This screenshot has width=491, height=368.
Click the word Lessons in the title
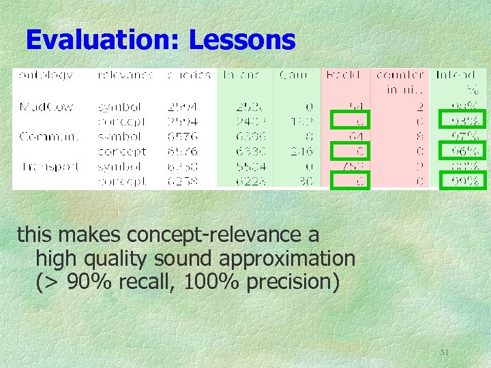[x=242, y=41]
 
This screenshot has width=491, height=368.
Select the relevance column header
[x=124, y=76]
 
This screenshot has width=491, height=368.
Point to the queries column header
[x=189, y=76]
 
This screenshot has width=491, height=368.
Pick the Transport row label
[x=49, y=166]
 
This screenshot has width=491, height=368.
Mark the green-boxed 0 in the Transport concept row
[x=353, y=181]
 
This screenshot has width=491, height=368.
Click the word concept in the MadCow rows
[x=123, y=122]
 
